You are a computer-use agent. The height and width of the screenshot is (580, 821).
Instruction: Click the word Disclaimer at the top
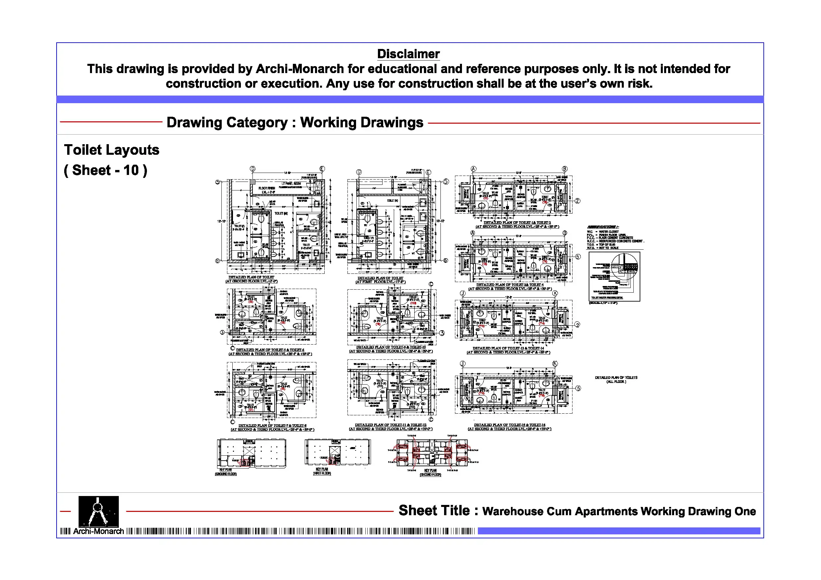point(408,54)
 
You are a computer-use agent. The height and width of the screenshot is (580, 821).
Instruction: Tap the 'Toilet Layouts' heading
point(112,150)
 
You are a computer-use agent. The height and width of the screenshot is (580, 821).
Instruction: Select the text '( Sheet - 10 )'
point(106,170)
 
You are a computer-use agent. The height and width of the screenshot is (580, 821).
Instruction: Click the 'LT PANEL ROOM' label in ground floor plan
point(291,183)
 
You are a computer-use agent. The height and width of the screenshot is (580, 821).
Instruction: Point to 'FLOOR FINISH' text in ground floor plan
point(267,188)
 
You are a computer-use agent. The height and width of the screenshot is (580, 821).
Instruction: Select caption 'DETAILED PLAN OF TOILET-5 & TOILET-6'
point(270,350)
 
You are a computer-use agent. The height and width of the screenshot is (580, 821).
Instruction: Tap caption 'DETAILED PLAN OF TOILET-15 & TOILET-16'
point(510,425)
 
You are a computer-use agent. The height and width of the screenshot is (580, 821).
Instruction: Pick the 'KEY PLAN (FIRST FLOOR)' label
point(322,471)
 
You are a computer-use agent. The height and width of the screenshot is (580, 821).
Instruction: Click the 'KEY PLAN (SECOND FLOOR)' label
point(431,473)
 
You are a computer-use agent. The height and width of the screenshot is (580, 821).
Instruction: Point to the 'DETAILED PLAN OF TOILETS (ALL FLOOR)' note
point(616,380)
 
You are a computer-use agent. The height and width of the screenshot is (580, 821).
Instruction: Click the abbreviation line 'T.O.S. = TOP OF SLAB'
point(601,245)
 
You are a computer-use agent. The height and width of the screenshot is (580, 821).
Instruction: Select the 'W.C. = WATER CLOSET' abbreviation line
point(603,231)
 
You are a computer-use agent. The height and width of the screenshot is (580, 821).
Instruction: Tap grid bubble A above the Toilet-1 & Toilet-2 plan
point(474,169)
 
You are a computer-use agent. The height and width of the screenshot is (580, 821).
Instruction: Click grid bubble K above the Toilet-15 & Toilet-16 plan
point(555,363)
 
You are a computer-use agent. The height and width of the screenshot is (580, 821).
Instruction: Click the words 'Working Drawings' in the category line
point(361,122)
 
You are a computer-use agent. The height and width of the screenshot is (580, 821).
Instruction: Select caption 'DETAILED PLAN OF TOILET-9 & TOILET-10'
point(391,347)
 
